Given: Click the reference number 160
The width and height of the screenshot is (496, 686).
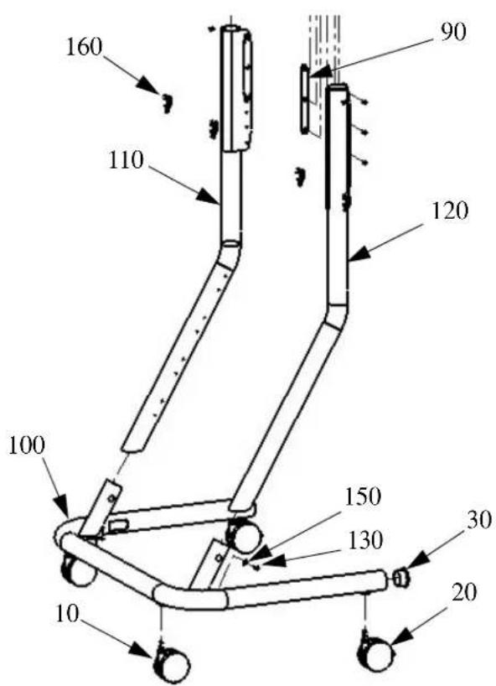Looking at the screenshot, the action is (84, 47).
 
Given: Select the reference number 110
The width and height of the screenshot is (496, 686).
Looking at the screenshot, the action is (126, 161).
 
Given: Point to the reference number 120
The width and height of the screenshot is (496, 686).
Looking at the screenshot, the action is (450, 211).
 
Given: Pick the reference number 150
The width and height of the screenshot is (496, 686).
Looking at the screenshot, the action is (363, 496).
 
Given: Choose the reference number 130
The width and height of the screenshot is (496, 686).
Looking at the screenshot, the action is (364, 541).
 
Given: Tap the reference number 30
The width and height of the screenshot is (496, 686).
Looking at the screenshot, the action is (478, 521).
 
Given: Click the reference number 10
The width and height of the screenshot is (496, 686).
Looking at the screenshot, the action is (67, 614).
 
